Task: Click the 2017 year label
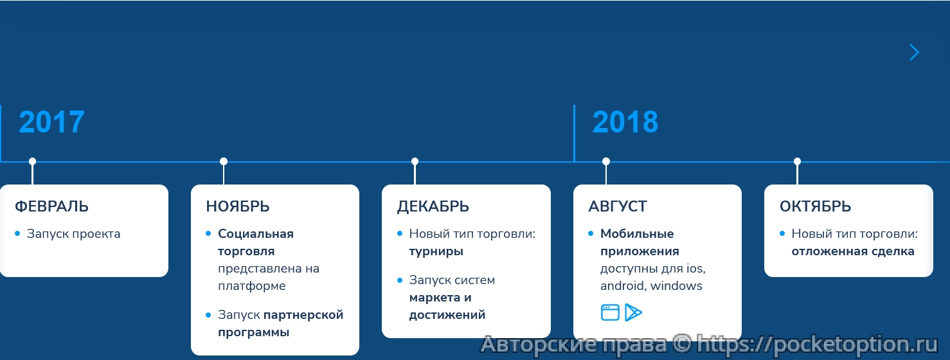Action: (x=51, y=122)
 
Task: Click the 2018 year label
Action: (x=625, y=122)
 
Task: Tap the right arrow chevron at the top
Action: (x=914, y=53)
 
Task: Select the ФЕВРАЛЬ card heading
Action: (x=51, y=206)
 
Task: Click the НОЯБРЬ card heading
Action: (x=238, y=206)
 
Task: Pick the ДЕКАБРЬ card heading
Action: (x=433, y=206)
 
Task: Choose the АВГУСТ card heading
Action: (x=618, y=206)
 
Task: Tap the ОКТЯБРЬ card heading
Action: (x=815, y=206)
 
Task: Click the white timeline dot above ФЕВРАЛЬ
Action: (x=32, y=161)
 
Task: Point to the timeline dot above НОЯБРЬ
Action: (x=224, y=161)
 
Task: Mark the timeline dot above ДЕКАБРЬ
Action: (x=415, y=161)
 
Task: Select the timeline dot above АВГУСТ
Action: (x=606, y=161)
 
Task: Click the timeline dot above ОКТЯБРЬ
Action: (x=797, y=161)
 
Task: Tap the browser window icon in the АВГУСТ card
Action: (x=610, y=312)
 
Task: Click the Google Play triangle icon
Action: (x=633, y=312)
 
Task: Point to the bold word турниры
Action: (x=436, y=251)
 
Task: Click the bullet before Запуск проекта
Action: (x=17, y=233)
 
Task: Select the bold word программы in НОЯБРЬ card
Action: (x=253, y=332)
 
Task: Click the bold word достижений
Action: (x=447, y=315)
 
